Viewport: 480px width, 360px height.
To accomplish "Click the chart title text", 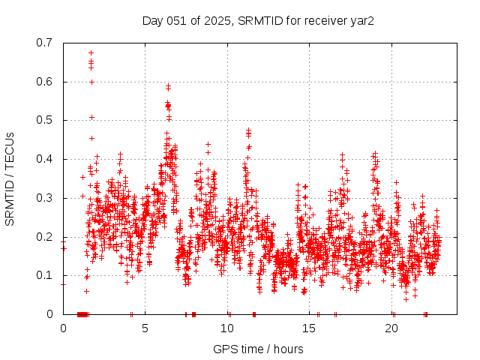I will pos(258,20).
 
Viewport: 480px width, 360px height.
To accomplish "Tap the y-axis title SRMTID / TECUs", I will pos(10,178).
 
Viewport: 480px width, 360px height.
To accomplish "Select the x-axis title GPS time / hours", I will pos(258,349).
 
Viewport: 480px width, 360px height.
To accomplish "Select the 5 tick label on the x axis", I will pos(145,328).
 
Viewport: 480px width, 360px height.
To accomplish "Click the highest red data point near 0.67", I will pos(91,52).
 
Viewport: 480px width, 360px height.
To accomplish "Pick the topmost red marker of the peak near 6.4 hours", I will pos(168,85).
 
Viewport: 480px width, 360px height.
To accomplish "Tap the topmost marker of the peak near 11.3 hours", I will pos(249,130).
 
